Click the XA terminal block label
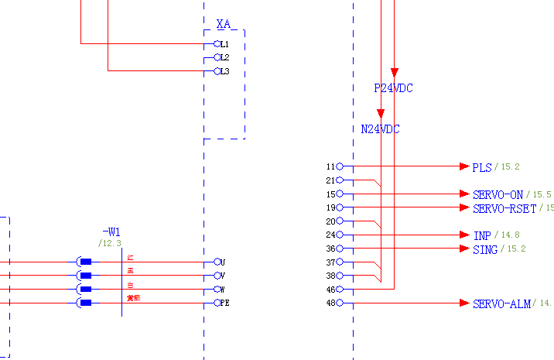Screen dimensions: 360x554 [x=224, y=26]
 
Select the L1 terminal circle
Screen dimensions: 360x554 [x=217, y=44]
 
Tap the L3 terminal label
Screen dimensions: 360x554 [x=224, y=72]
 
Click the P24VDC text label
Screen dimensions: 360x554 [x=393, y=89]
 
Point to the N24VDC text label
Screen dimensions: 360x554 [x=380, y=129]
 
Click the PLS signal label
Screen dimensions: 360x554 [x=481, y=167]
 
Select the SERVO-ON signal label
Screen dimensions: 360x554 [x=498, y=194]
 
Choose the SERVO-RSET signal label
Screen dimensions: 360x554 [x=504, y=208]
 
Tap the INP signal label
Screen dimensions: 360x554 [x=481, y=235]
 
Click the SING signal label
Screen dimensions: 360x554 [x=484, y=249]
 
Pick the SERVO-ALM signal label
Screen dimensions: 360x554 [x=501, y=304]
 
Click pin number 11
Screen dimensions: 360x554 [x=330, y=166]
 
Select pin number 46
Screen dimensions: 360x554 [x=330, y=290]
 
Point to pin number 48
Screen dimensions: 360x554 [x=330, y=303]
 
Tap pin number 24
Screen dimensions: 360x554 [x=330, y=235]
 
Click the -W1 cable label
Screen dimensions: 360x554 [x=111, y=232]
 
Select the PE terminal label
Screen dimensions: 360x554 [x=225, y=303]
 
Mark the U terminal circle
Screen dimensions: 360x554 [x=217, y=262]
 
